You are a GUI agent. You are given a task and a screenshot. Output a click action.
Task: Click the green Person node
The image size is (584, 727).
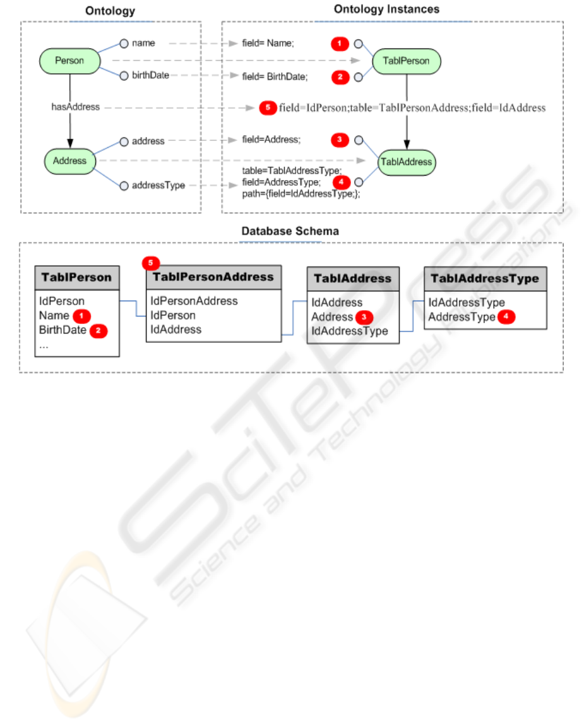(x=69, y=61)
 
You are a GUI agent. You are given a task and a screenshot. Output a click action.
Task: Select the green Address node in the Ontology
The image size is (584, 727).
(x=69, y=161)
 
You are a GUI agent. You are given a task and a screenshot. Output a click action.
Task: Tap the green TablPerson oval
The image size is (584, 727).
(x=406, y=61)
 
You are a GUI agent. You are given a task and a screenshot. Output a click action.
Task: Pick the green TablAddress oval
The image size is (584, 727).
(x=406, y=162)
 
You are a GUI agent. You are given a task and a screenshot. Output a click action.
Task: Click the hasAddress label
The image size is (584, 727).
(x=75, y=107)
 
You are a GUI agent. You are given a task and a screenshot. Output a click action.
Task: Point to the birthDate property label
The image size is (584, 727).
(x=150, y=75)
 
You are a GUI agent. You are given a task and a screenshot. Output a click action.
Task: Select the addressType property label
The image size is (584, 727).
(x=158, y=186)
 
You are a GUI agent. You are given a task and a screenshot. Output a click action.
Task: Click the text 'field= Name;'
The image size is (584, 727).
(x=268, y=44)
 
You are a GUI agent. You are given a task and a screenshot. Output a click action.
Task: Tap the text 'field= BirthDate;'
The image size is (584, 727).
(x=275, y=77)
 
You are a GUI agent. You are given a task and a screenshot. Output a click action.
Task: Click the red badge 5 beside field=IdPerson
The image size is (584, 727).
(x=268, y=107)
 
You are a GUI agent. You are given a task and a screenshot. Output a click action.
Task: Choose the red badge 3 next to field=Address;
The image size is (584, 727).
(x=340, y=140)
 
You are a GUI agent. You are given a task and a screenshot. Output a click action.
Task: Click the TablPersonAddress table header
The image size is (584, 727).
(x=213, y=277)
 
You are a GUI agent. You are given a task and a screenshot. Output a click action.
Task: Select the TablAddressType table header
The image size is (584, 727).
(x=485, y=278)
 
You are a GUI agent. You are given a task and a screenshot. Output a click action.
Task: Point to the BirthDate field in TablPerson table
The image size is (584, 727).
(x=63, y=330)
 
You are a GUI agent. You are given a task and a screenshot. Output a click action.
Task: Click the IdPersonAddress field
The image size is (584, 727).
(x=194, y=301)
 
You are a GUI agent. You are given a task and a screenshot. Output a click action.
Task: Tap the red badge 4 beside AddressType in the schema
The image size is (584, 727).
(x=506, y=317)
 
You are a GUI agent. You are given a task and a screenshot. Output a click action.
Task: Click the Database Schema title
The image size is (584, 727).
(x=290, y=231)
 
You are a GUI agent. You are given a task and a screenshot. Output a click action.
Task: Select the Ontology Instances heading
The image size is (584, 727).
(x=386, y=9)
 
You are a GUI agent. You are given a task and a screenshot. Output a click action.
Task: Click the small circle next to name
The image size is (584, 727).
(x=124, y=43)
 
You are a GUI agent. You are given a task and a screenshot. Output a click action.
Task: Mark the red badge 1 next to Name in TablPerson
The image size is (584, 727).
(x=81, y=315)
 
